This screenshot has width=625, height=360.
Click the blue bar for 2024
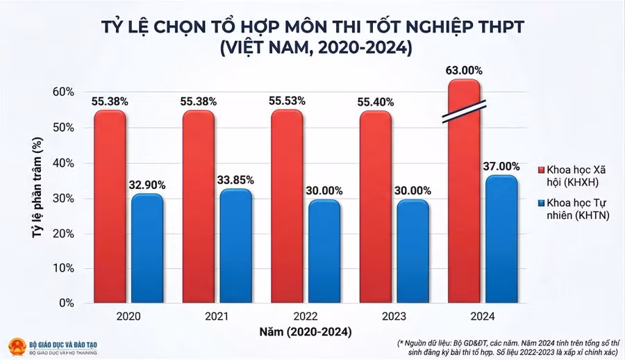coord(501,240)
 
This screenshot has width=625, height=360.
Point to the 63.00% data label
coord(463,71)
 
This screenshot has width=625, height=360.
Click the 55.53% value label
coord(287,101)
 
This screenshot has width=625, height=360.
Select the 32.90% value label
coord(147,185)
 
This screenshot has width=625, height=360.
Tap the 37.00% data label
coord(501,166)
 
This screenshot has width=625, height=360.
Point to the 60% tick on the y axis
coord(63,92)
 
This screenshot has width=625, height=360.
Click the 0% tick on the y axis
coord(66,304)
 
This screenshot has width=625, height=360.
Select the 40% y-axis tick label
coord(63,163)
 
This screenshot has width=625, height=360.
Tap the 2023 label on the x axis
coord(394,316)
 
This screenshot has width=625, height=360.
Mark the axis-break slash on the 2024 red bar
coord(464,111)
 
